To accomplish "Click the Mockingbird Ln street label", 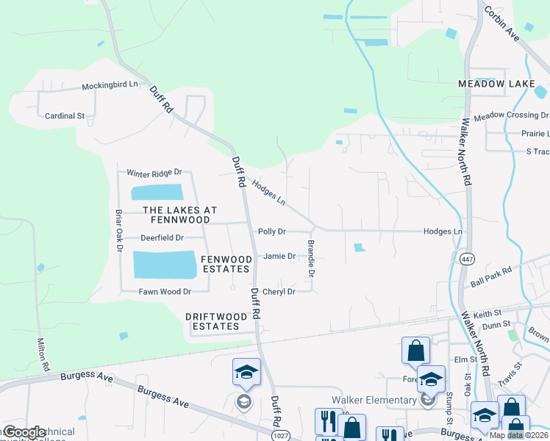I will (110, 85).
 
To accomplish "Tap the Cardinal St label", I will (65, 115).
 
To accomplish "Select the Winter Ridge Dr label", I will (154, 173).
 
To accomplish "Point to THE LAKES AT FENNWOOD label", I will (179, 215).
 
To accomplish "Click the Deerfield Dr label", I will (161, 238).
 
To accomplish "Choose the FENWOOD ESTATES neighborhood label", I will (226, 264).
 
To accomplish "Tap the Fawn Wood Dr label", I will (165, 292).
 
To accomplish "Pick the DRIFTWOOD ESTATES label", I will (213, 321).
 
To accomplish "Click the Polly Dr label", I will (271, 232).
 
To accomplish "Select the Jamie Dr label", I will (279, 257).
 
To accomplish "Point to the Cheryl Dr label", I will (279, 292).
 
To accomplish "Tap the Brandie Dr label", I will (311, 257).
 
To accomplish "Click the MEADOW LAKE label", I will (496, 85).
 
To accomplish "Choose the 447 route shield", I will (466, 259).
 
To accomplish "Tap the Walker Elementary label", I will (374, 400).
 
